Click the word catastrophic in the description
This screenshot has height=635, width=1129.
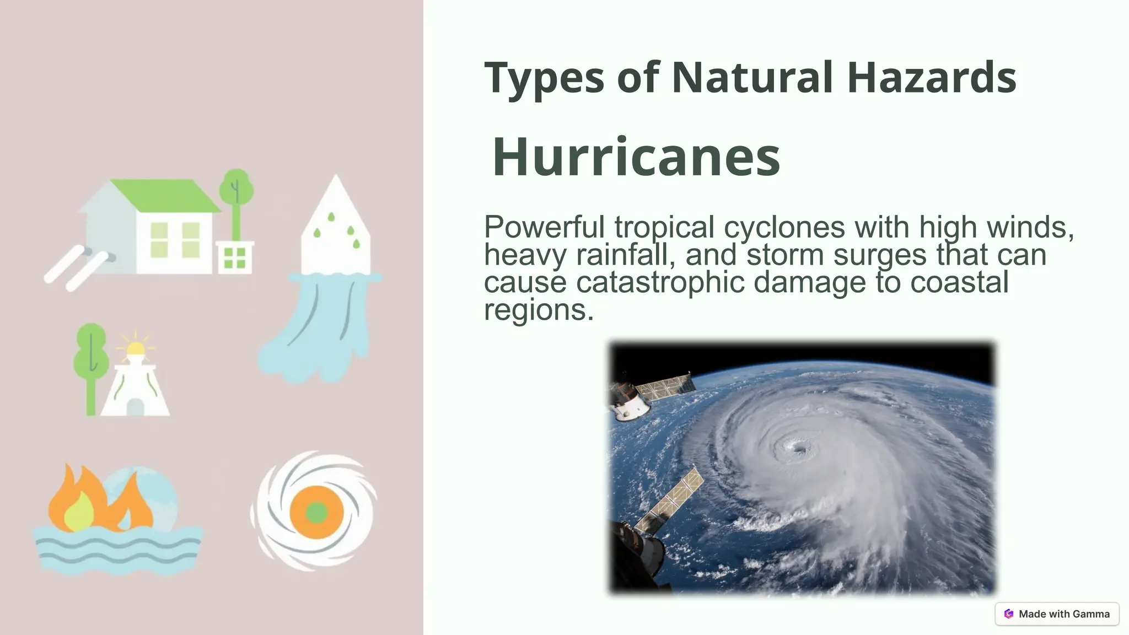(x=660, y=282)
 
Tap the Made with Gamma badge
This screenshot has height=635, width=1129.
(x=1057, y=614)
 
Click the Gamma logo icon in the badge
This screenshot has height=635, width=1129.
(x=1009, y=614)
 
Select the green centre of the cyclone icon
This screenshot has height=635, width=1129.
(x=316, y=513)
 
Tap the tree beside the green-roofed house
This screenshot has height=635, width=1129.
(x=236, y=198)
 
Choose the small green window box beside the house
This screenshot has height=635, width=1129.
(x=235, y=257)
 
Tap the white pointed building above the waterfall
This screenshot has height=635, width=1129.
(x=335, y=232)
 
